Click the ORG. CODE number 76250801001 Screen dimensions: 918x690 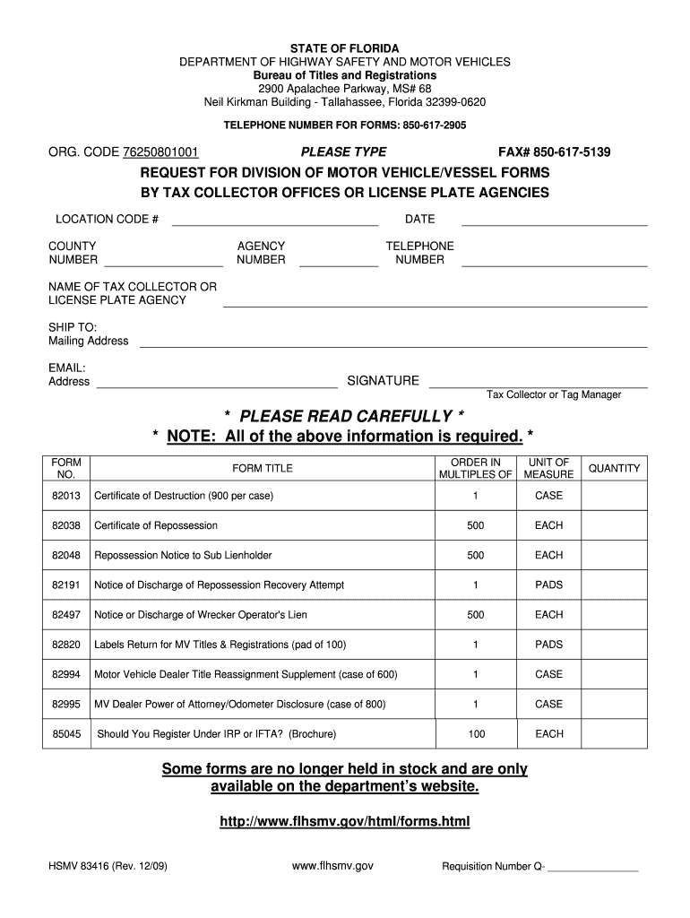coord(160,152)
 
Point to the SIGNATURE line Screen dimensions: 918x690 coord(538,385)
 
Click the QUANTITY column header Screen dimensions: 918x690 coord(614,468)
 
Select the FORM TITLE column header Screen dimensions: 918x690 coord(263,468)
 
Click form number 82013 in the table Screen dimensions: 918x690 coord(66,496)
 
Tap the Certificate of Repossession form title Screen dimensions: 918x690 coord(156,525)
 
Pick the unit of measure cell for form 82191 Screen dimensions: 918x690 coord(548,585)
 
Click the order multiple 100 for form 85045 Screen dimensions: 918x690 coord(476,734)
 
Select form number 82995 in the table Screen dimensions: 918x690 coord(66,705)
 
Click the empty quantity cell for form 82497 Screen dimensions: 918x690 coord(614,615)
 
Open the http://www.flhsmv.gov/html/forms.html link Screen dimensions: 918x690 coord(345,821)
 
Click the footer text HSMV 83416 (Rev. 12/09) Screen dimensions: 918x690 coord(108,867)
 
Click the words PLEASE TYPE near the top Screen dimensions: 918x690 coord(344,152)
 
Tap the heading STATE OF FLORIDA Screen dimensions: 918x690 coord(345,48)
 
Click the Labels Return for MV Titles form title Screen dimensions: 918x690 coord(220,645)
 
